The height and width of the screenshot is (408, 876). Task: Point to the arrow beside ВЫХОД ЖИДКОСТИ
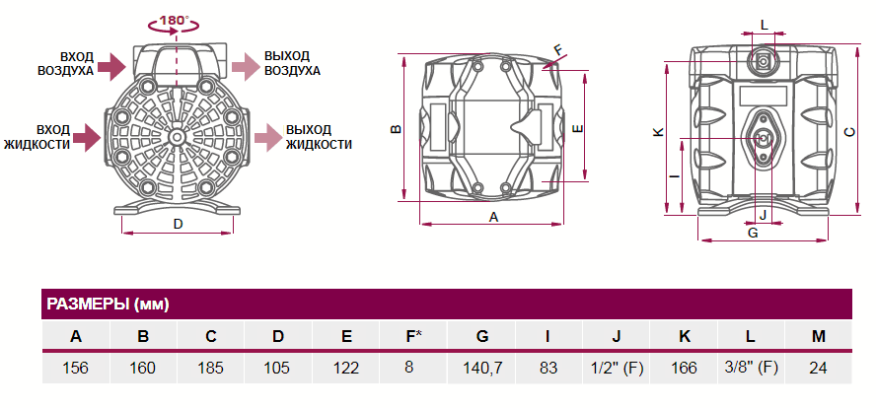click(x=265, y=137)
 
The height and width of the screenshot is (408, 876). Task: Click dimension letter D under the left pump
click(x=178, y=224)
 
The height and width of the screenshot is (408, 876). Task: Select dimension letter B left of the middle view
click(x=394, y=129)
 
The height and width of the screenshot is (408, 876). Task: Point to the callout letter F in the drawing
click(x=557, y=48)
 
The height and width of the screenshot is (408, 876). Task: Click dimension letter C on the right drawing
click(x=849, y=133)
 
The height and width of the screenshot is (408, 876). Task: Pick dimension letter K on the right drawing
click(x=658, y=131)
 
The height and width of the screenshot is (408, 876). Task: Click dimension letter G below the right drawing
click(x=753, y=233)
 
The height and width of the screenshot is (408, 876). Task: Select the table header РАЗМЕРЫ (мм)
click(x=108, y=304)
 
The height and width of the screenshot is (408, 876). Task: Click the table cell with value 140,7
click(x=482, y=368)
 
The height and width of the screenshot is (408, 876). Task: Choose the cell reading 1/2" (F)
click(x=617, y=368)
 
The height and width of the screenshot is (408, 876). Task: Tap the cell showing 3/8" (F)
click(x=751, y=368)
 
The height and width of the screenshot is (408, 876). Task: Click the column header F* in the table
click(x=414, y=336)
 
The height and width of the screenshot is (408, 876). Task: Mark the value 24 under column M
click(x=818, y=368)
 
